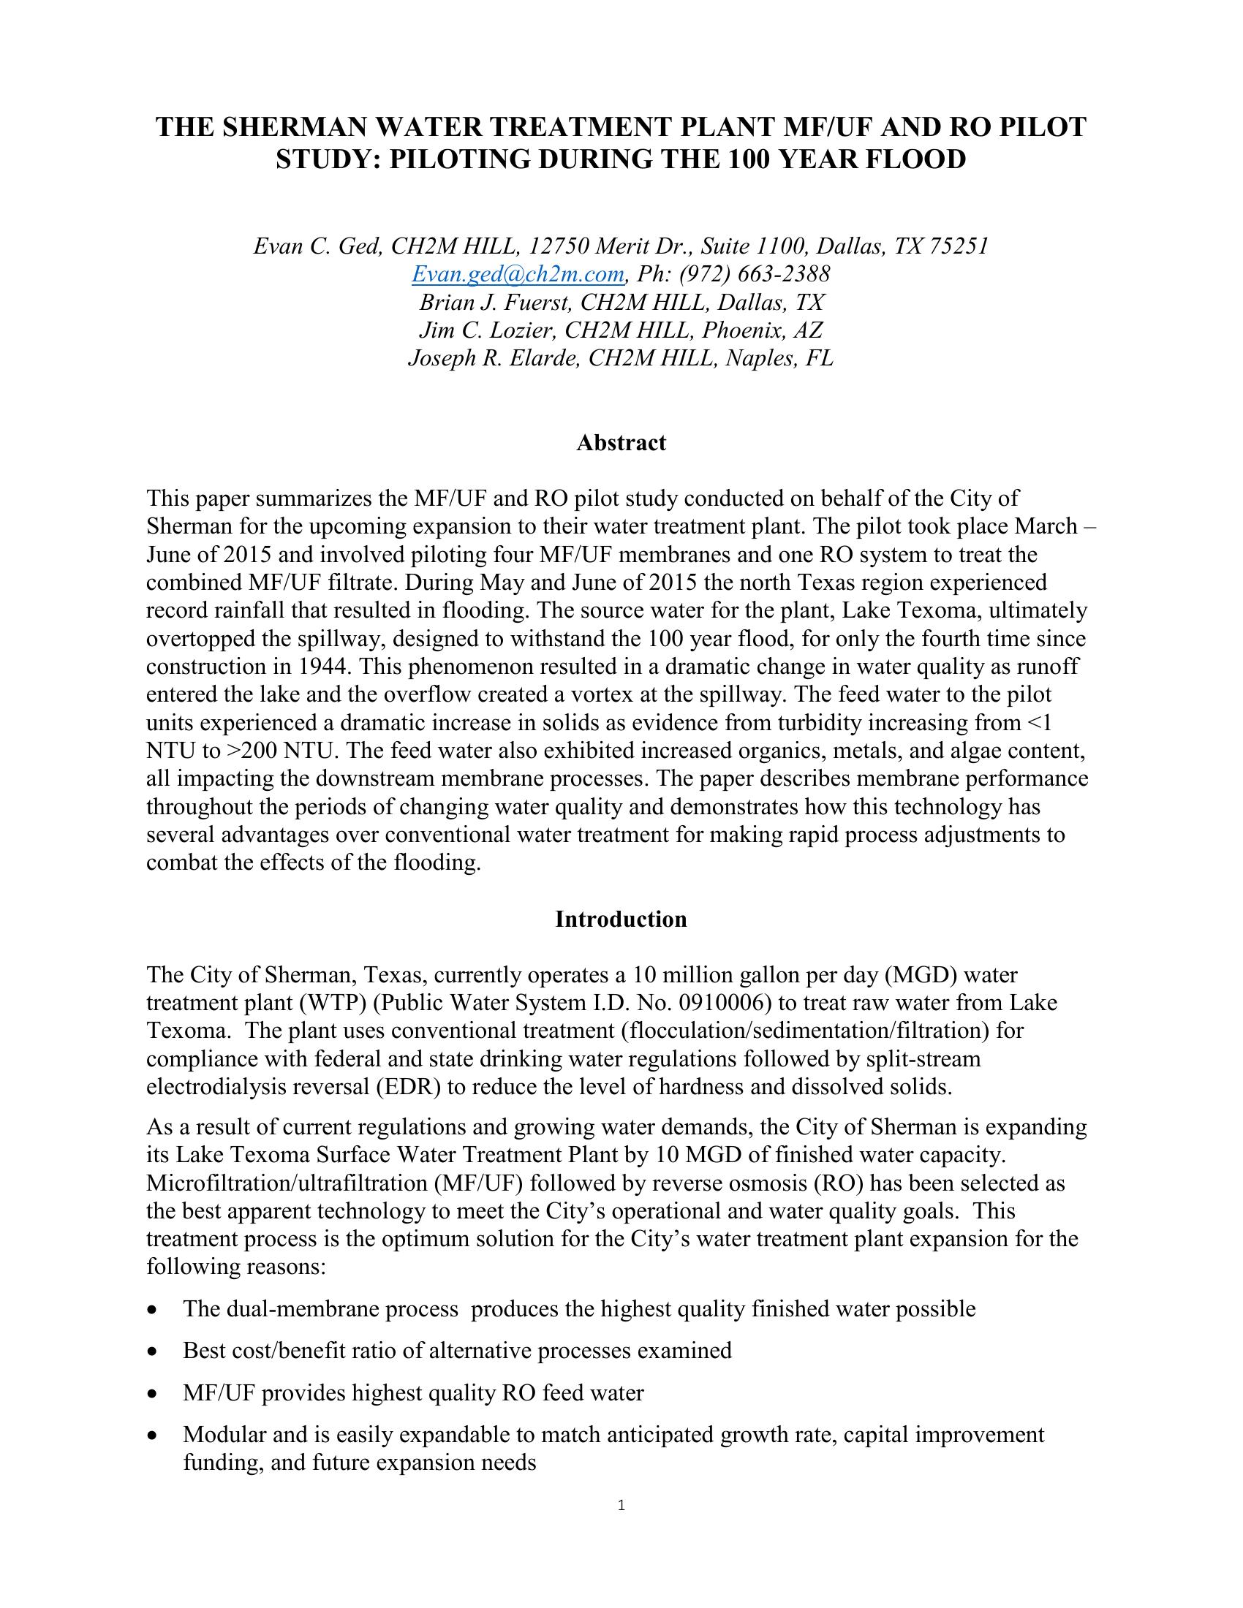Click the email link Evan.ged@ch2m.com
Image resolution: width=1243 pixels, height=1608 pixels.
click(518, 275)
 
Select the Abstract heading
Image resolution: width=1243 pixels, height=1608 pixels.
click(621, 442)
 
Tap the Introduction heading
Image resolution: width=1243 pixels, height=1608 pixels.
click(621, 919)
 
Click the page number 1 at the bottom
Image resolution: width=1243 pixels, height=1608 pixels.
click(621, 1505)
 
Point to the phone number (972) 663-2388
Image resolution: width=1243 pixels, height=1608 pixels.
click(755, 275)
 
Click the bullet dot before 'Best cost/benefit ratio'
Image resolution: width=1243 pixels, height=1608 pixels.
click(152, 1351)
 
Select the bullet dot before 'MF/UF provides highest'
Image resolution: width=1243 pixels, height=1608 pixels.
click(152, 1394)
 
